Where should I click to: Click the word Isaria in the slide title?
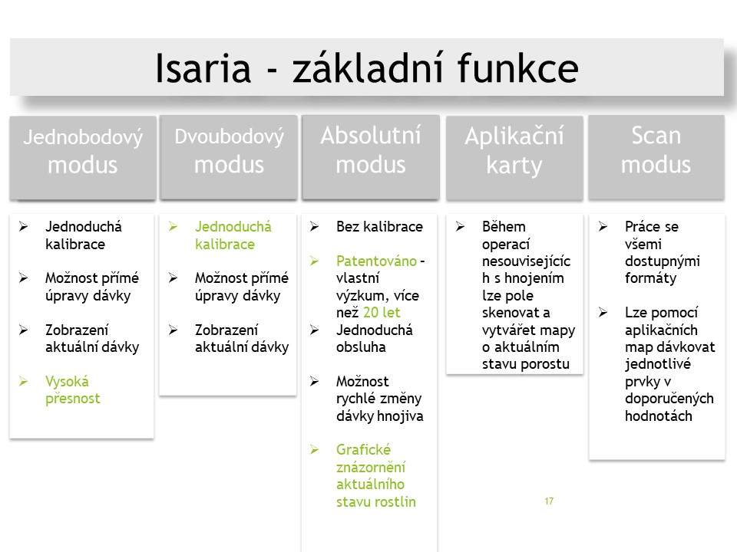coord(203,68)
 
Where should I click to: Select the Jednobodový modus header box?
coord(83,158)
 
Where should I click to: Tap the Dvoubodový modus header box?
coord(229,157)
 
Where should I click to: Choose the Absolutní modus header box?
coord(371,157)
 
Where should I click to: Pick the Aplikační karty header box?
coord(514,158)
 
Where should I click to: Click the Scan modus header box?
coord(656,157)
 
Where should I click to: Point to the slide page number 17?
coord(549,501)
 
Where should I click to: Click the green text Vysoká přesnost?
coord(73,389)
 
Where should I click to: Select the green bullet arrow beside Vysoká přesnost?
coord(24,381)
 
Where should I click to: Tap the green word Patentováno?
coord(376,261)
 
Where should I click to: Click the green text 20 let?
coord(382,312)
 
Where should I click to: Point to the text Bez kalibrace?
coord(379,227)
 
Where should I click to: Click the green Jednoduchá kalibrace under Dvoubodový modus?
coord(233,235)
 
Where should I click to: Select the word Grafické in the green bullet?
coord(363,450)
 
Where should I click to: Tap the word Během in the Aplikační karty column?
coord(504,226)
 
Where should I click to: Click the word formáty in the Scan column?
coord(650,278)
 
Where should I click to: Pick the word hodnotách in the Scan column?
coord(659,416)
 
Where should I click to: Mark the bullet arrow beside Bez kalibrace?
coord(315,227)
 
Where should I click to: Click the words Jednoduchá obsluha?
coord(374,338)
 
